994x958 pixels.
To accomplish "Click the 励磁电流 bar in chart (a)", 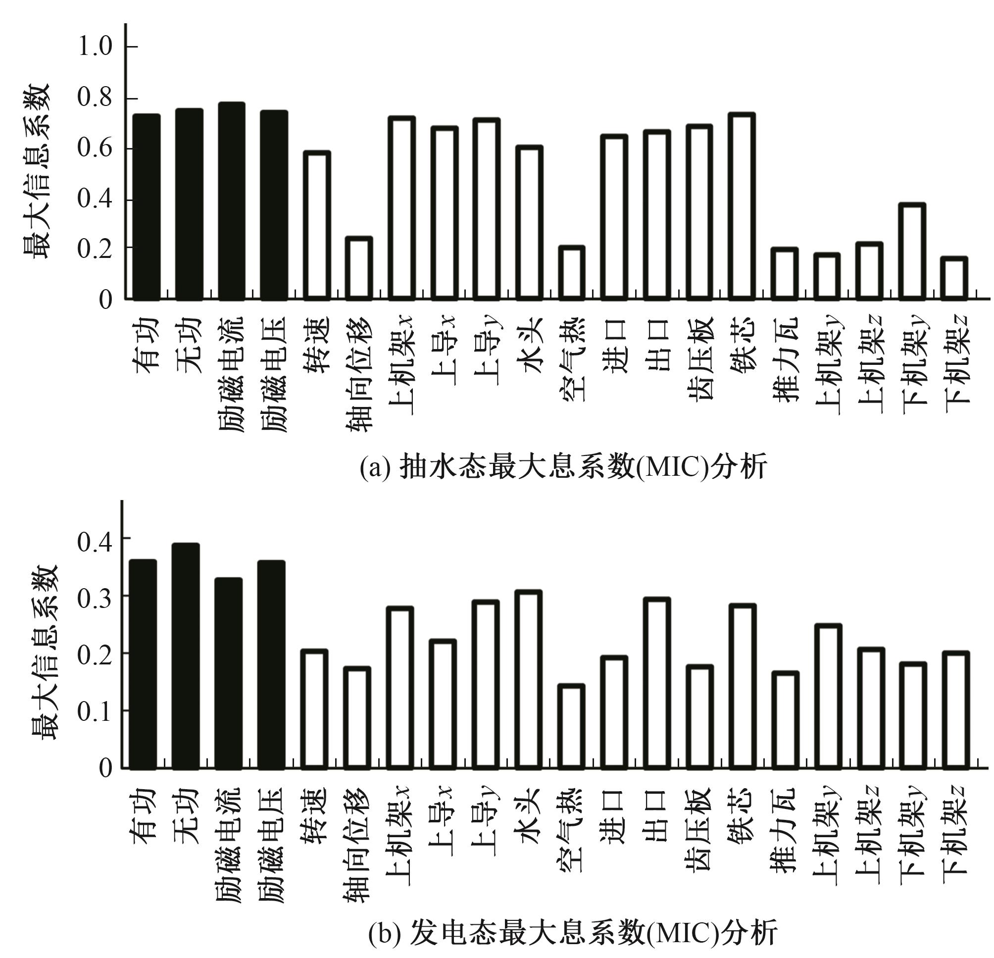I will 232,201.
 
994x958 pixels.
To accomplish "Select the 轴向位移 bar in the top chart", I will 359,268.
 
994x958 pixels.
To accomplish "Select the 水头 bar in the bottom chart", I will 529,680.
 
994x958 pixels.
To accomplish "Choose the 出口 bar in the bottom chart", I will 657,683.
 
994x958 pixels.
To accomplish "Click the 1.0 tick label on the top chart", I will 95,47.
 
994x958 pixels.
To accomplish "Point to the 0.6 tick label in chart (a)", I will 95,149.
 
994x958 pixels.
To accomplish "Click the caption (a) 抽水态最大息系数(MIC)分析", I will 563,466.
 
